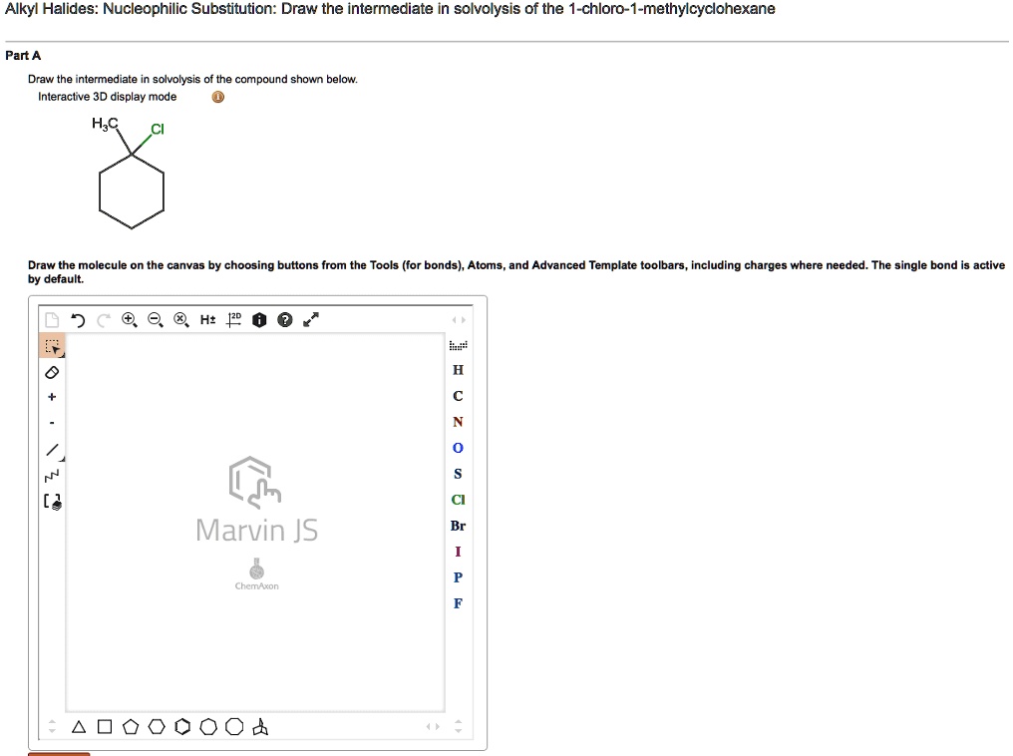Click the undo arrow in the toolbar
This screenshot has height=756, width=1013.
click(79, 320)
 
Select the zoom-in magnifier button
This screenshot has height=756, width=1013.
click(129, 320)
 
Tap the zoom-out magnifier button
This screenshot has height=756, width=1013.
click(154, 320)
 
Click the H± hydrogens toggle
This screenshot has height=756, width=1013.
click(206, 320)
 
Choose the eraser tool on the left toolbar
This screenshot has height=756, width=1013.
click(53, 372)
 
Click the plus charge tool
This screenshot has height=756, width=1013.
click(53, 397)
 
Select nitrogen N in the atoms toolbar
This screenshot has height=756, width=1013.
click(458, 422)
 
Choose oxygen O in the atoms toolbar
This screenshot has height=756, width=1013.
click(458, 448)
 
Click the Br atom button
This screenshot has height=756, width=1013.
click(458, 526)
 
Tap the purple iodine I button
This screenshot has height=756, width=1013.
click(458, 552)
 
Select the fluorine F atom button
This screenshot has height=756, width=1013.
click(458, 603)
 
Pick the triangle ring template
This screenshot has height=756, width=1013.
click(78, 727)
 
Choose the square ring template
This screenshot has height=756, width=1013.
click(104, 727)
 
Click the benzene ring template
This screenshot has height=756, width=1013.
click(181, 727)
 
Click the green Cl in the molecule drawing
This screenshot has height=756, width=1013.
click(157, 130)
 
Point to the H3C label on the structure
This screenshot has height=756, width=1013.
click(105, 124)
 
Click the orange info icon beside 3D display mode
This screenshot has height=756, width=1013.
click(218, 98)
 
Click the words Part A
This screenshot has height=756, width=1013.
click(23, 56)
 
